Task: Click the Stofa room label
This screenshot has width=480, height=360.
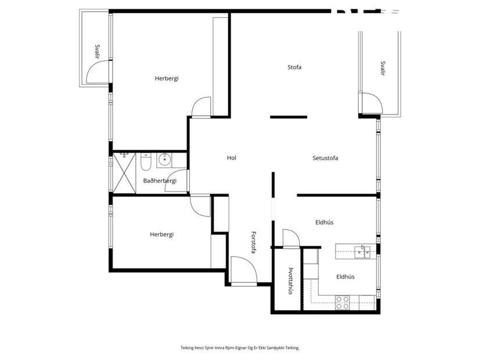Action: coord(294,67)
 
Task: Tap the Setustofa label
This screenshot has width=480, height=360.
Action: coord(325,158)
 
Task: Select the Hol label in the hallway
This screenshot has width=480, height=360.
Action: coord(232,158)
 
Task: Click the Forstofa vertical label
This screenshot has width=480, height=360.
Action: coord(254,242)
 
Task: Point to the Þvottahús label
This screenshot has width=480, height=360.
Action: coord(290,281)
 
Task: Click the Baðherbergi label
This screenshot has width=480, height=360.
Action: coord(160,181)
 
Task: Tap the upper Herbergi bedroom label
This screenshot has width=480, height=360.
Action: coord(167,78)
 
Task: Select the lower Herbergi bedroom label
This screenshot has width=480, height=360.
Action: coord(161,235)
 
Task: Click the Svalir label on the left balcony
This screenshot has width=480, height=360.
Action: coord(98,53)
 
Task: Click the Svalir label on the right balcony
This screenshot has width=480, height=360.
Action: coord(382,69)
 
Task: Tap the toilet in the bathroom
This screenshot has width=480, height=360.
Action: coord(146,161)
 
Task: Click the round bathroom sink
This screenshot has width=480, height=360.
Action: coord(164,158)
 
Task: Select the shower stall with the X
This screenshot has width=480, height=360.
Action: coord(124,172)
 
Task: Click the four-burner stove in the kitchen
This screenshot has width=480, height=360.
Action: coord(342,301)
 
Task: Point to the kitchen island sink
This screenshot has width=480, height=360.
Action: coord(363,251)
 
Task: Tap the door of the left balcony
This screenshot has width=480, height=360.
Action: coord(97,73)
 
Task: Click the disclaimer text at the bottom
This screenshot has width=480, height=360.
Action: coord(239,347)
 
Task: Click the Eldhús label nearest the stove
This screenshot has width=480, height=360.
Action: coord(345,277)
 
